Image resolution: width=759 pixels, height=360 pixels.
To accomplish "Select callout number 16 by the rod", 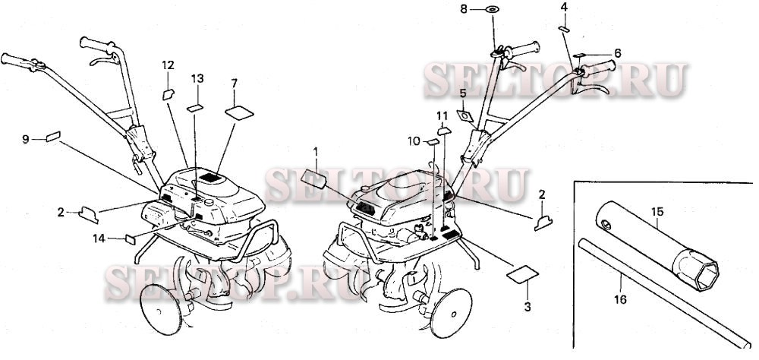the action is pos(620,300).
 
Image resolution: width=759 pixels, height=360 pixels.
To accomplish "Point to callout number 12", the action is pos(168,65).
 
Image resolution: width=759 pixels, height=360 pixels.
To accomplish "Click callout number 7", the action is pos(234,82).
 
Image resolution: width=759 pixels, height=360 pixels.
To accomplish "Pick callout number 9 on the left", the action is pos(25,139).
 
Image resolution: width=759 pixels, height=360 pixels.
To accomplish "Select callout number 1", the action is pos(317,152).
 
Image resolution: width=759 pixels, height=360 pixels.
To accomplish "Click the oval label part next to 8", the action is pos(491,9).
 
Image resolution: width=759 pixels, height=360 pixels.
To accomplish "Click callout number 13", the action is pos(197,78).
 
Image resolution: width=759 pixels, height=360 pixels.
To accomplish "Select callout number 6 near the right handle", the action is pos(618,53).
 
